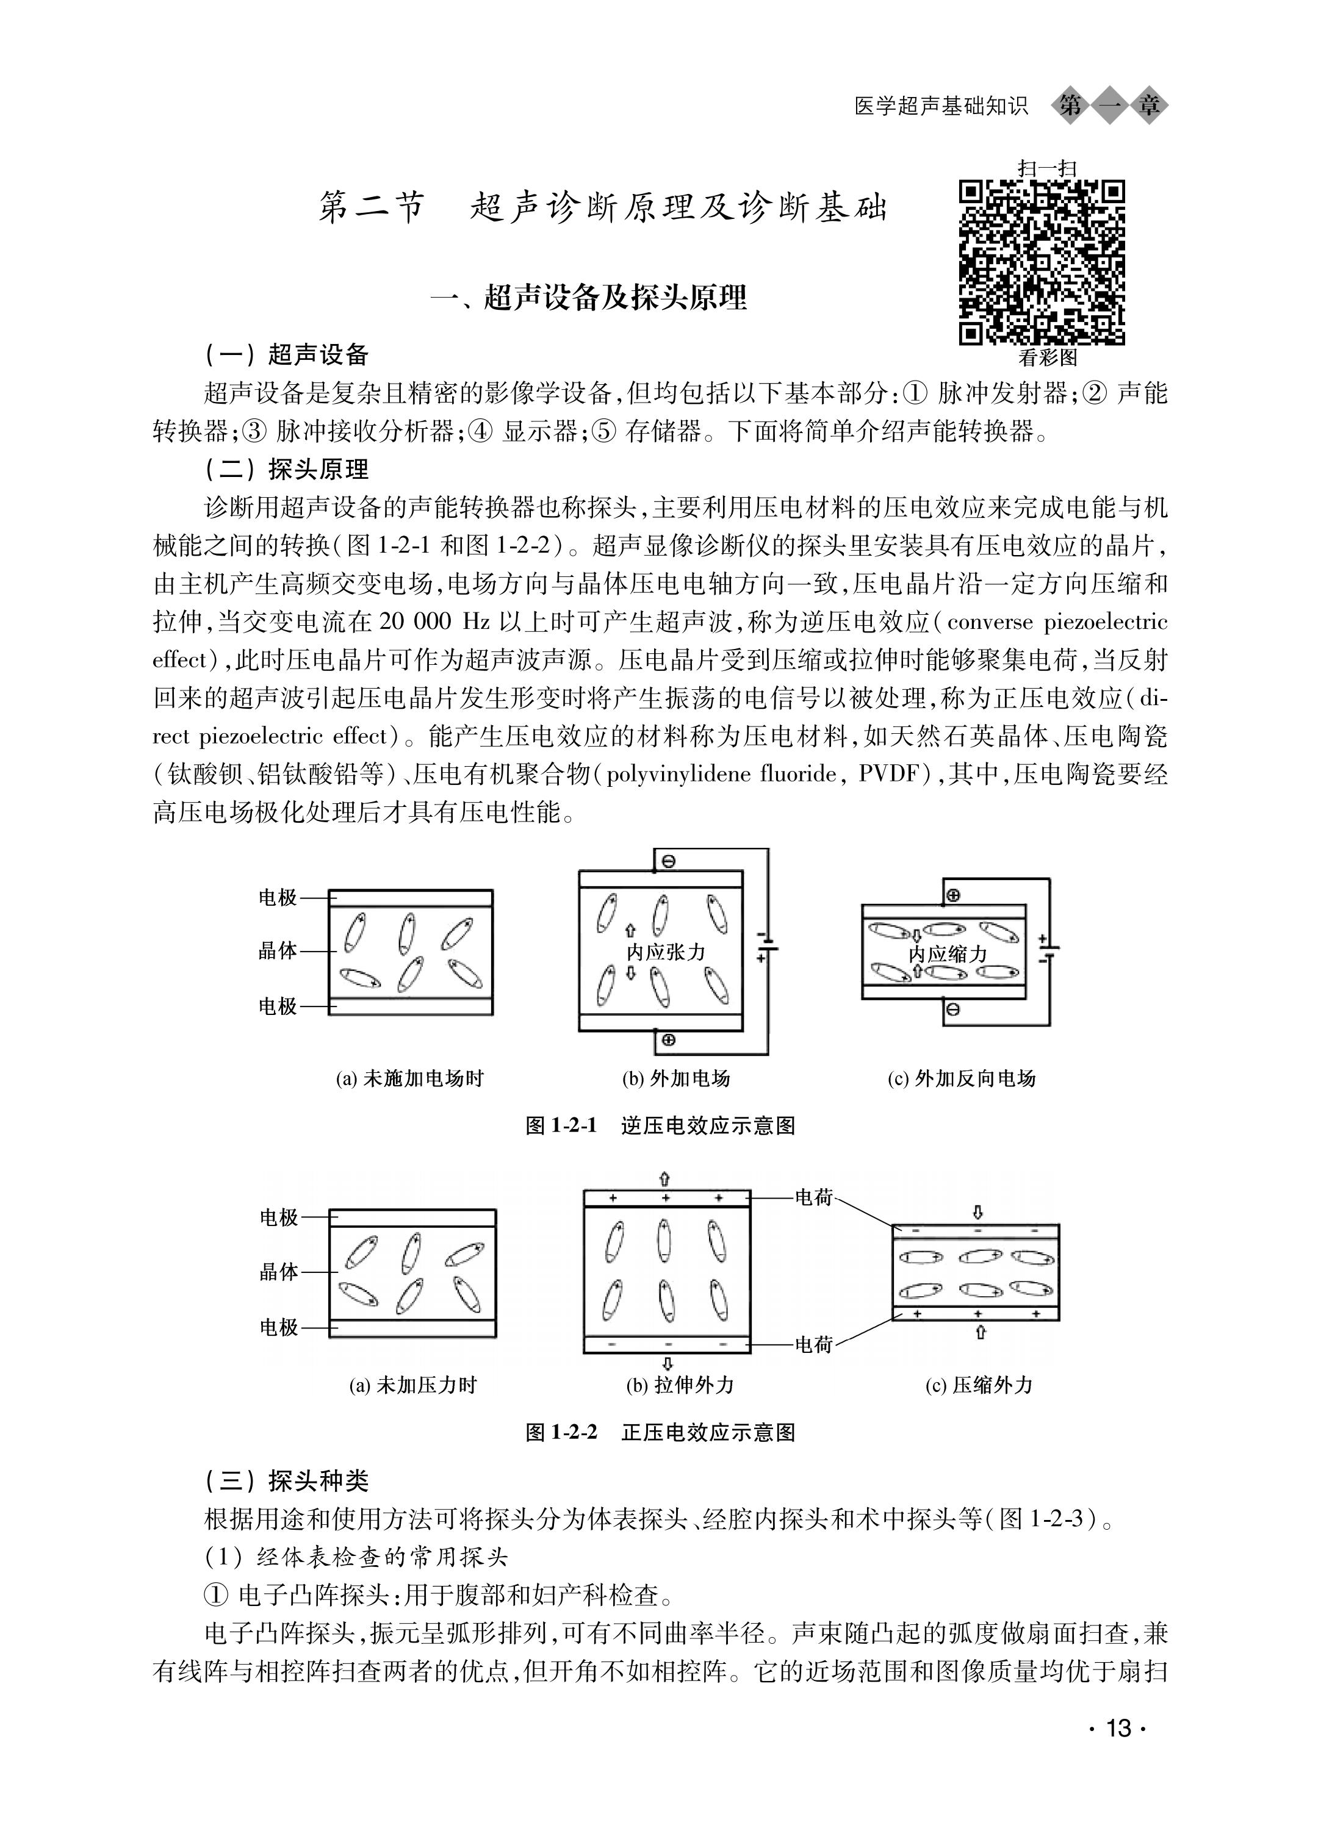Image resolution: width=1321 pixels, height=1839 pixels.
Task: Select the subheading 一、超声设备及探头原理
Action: pos(589,298)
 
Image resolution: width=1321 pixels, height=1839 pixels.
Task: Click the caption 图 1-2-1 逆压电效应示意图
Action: pos(660,1125)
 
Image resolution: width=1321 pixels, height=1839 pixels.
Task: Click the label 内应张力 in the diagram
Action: pos(666,951)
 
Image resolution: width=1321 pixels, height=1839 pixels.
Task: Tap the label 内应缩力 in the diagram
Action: pos(947,953)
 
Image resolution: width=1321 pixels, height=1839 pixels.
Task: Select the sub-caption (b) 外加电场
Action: pos(676,1078)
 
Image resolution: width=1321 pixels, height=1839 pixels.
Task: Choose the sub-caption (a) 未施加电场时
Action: pos(409,1078)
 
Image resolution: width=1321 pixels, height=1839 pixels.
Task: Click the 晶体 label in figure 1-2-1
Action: pos(278,950)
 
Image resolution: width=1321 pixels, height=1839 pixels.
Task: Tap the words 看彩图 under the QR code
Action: pos(1048,357)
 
